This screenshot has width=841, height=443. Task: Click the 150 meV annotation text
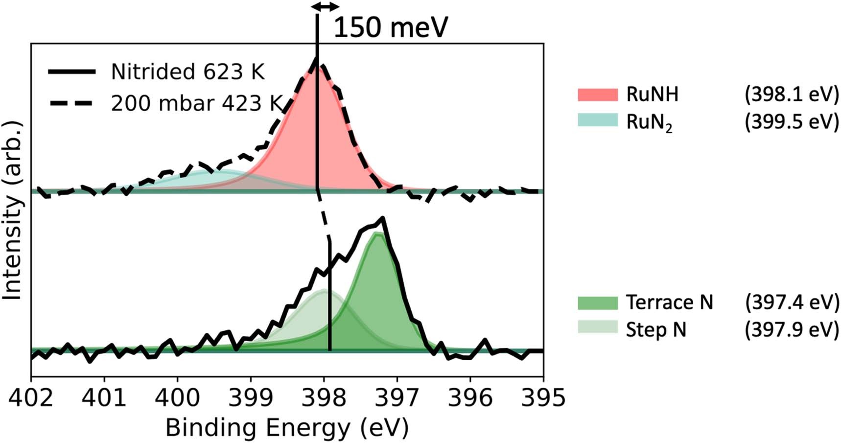tap(391, 27)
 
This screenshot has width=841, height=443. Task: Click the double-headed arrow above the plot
tap(326, 6)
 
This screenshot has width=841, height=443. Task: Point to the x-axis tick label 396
tap(470, 397)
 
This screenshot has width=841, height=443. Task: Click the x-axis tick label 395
tap(542, 397)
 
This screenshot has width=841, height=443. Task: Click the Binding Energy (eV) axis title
tap(287, 428)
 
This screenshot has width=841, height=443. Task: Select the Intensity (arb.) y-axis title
tap(13, 210)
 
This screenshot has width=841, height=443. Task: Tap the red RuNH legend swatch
tap(597, 94)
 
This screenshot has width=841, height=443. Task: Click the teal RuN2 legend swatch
tap(597, 120)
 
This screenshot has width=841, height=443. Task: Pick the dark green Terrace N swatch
tap(597, 303)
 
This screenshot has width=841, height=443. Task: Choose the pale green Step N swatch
tap(597, 327)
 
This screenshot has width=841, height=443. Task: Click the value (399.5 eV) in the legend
tap(792, 121)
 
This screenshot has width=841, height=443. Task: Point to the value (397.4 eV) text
tap(792, 303)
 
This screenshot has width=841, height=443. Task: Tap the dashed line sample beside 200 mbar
tap(71, 104)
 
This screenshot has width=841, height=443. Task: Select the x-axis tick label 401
tap(104, 397)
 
